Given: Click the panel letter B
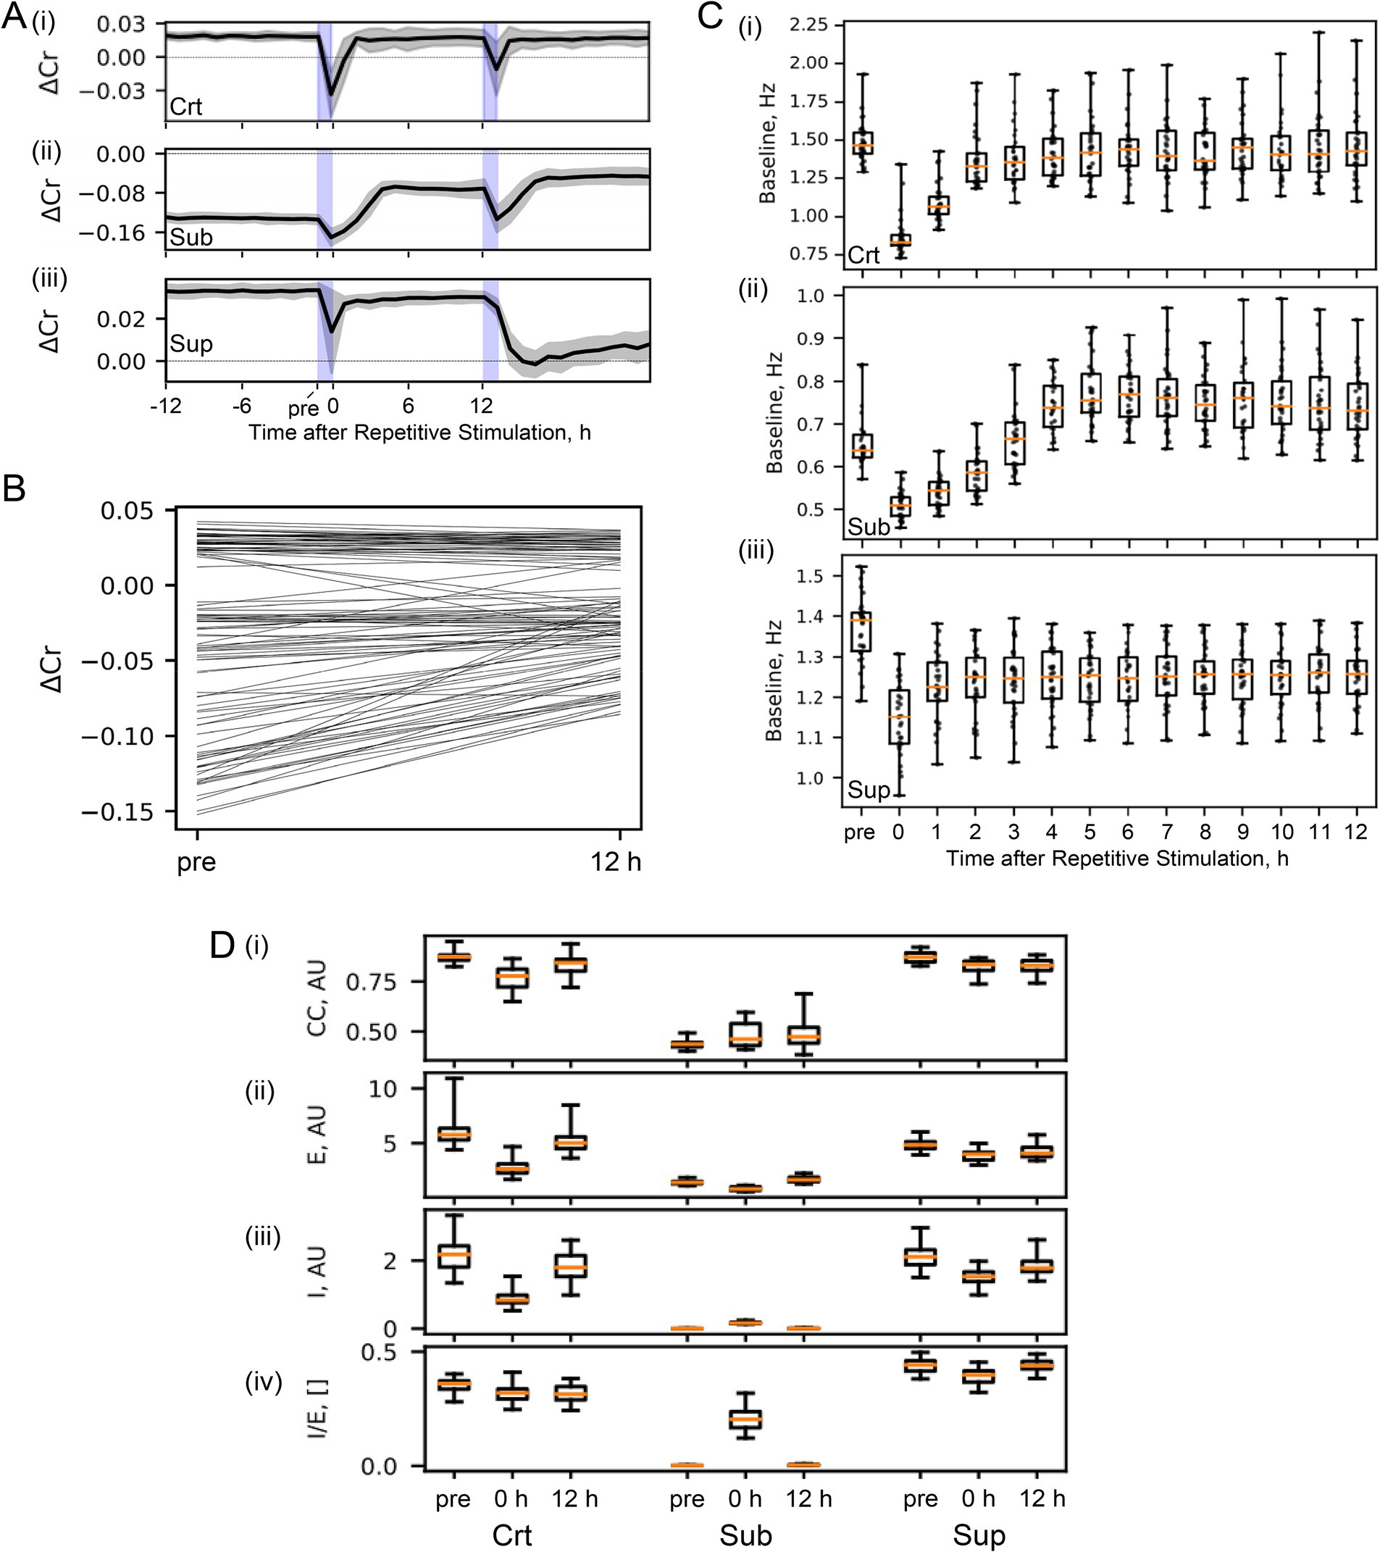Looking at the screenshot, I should pyautogui.click(x=14, y=491).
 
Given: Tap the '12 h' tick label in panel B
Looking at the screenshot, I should pyautogui.click(x=616, y=862).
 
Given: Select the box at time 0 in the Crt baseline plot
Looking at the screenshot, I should pyautogui.click(x=900, y=240).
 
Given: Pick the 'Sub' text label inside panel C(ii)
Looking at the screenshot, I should pyautogui.click(x=869, y=526).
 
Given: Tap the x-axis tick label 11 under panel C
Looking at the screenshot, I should pyautogui.click(x=1319, y=833).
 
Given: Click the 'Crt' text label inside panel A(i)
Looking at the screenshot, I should pyautogui.click(x=186, y=107).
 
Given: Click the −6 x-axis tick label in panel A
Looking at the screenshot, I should pyautogui.click(x=241, y=406).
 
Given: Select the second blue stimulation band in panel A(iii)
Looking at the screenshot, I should pyautogui.click(x=490, y=330).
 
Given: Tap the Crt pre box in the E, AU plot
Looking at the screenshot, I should pyautogui.click(x=453, y=1135).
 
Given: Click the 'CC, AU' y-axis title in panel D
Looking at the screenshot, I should pyautogui.click(x=317, y=998).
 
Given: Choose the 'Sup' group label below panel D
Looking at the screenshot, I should pyautogui.click(x=979, y=1535).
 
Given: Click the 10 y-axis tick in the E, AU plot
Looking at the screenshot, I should pyautogui.click(x=383, y=1089).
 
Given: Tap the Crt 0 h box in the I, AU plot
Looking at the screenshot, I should pyautogui.click(x=512, y=1299).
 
